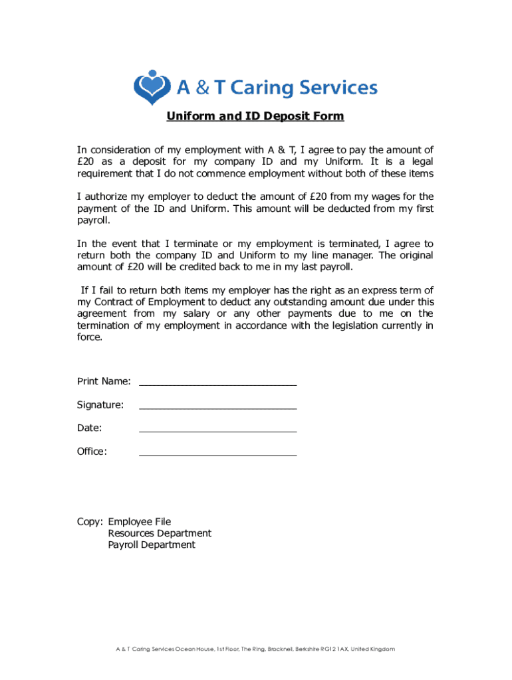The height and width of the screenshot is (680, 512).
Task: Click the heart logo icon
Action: click(153, 87)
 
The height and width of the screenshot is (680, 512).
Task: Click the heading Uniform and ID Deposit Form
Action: click(255, 116)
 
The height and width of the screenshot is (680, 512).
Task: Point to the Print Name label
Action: click(104, 381)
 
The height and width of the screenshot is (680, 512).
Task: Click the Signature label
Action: click(100, 404)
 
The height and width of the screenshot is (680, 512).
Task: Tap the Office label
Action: click(92, 452)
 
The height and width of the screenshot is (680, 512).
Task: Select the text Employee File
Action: click(140, 522)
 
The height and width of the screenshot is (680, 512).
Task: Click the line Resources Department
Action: click(160, 533)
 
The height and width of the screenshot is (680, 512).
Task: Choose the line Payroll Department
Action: click(152, 545)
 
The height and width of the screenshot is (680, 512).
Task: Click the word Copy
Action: click(89, 522)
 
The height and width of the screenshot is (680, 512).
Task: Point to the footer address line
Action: click(255, 649)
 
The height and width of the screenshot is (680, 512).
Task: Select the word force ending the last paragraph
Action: click(90, 337)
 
